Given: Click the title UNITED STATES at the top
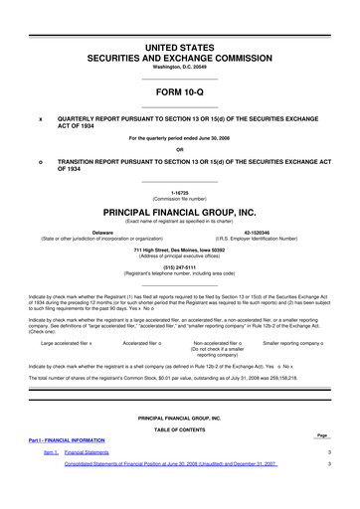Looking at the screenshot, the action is pyautogui.click(x=179, y=48).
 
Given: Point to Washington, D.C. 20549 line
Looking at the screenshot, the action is pyautogui.click(x=179, y=69).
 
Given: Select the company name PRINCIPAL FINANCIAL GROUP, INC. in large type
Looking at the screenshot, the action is pyautogui.click(x=179, y=212).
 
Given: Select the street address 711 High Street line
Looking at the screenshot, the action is pyautogui.click(x=179, y=249).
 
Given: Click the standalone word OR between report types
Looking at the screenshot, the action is pyautogui.click(x=179, y=150).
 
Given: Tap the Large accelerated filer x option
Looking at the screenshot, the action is pyautogui.click(x=67, y=343).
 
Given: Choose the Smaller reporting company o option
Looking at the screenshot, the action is pyautogui.click(x=296, y=343).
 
